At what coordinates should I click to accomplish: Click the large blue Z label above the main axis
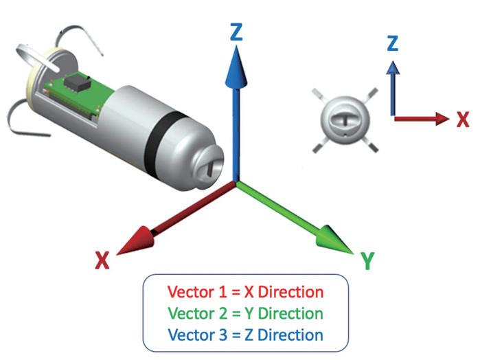pyautogui.click(x=237, y=32)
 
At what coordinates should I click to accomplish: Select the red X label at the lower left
pyautogui.click(x=102, y=260)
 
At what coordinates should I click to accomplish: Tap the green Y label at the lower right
pyautogui.click(x=367, y=260)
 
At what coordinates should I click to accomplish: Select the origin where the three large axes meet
pyautogui.click(x=236, y=183)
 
